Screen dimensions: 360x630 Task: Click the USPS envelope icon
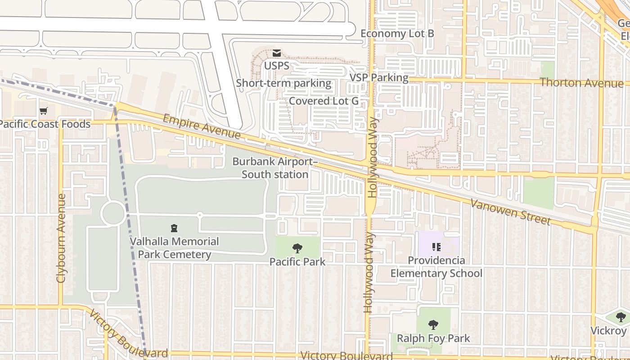276,53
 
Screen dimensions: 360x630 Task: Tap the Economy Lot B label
397,34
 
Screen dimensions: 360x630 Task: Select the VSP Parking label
379,77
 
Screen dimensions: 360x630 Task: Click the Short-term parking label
283,83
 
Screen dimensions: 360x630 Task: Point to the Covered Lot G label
324,101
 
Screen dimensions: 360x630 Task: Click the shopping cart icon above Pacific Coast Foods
43,111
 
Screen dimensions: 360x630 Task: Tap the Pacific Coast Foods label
45,124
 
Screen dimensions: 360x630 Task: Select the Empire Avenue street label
202,126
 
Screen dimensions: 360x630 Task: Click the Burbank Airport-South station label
275,168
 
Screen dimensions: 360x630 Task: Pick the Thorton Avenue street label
581,82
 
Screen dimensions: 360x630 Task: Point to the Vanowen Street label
510,211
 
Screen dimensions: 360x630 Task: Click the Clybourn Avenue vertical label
61,238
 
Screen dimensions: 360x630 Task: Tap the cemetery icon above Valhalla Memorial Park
174,228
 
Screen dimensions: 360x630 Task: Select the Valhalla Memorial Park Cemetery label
174,248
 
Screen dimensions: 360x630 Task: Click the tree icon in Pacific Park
297,248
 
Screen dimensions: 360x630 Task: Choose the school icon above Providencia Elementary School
436,247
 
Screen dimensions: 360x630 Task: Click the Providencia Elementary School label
436,267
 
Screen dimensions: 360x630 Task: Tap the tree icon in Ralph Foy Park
433,324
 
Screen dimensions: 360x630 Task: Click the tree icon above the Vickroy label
621,317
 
